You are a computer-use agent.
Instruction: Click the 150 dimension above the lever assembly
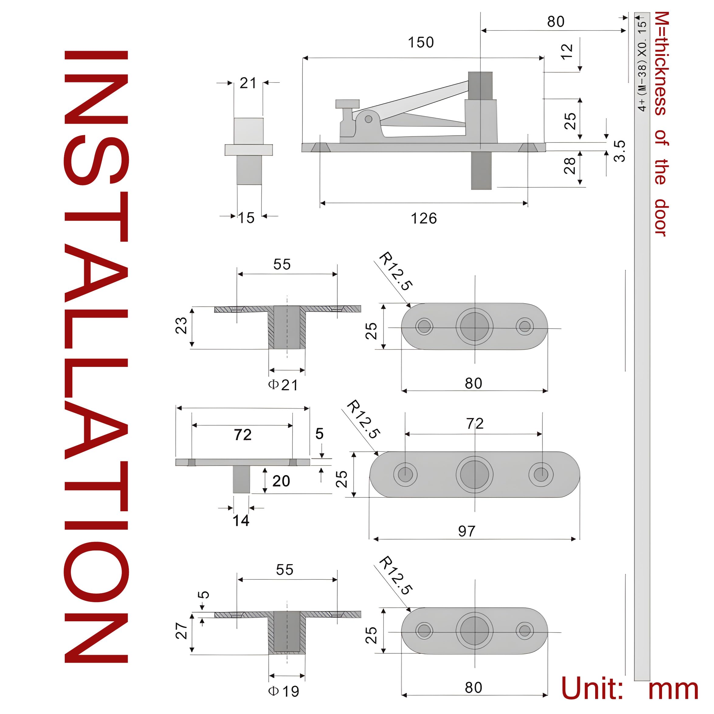[421, 43]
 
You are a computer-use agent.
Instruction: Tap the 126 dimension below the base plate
[423, 219]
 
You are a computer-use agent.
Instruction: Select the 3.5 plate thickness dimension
[620, 151]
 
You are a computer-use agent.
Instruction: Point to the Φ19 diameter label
[284, 691]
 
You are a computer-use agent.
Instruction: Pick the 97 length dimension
[466, 531]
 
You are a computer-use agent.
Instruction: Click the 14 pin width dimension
[241, 521]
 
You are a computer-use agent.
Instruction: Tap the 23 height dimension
[181, 326]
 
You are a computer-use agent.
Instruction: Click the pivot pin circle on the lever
[368, 119]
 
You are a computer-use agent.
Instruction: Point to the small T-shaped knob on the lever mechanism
[347, 105]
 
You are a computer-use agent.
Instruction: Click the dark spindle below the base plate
[481, 171]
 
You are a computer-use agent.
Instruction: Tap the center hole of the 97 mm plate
[474, 474]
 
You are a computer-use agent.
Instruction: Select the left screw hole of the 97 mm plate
[405, 474]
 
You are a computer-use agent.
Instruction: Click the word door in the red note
[661, 218]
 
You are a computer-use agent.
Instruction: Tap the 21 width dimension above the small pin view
[248, 83]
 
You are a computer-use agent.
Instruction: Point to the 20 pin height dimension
[281, 481]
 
